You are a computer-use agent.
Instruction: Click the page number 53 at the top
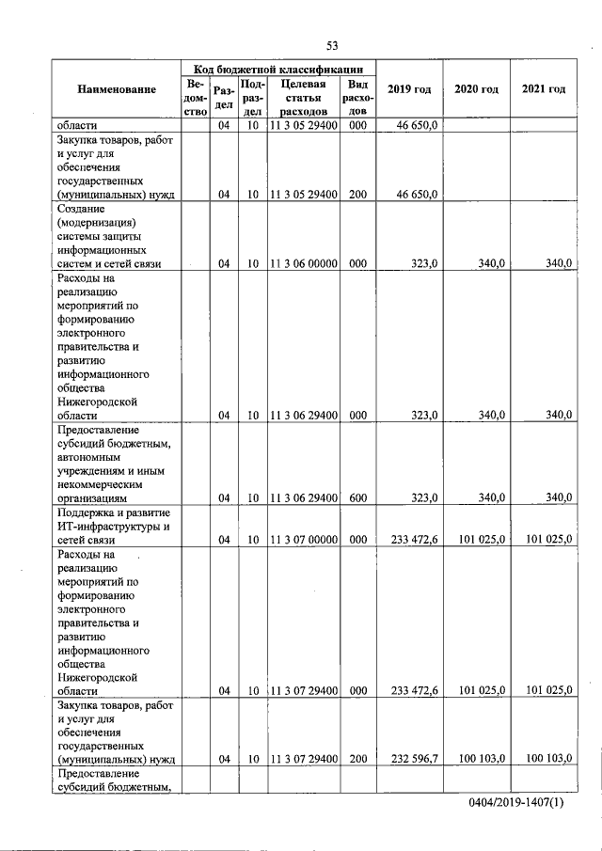click(x=332, y=45)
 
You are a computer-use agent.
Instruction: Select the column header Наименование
click(x=117, y=89)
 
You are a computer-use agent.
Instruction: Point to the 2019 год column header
click(x=409, y=89)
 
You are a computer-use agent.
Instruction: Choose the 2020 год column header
click(x=476, y=89)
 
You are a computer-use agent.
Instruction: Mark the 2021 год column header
click(x=543, y=89)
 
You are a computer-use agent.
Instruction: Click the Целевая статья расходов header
click(x=303, y=97)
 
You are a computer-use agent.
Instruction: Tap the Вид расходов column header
click(x=357, y=97)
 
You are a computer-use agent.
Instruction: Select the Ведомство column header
click(x=196, y=97)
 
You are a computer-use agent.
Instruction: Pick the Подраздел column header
click(x=253, y=97)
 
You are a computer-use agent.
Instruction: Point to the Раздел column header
click(x=224, y=97)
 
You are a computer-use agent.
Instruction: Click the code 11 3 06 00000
click(x=303, y=264)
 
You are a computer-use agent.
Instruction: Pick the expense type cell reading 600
click(x=357, y=497)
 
